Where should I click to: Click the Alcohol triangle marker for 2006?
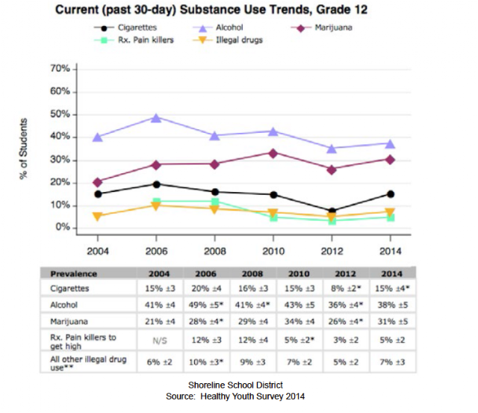pos(156,118)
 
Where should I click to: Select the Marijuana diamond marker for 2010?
pos(273,153)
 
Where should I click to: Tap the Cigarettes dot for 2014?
pos(391,194)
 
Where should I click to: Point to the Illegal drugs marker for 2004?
pos(97,217)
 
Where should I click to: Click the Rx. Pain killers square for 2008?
pos(215,202)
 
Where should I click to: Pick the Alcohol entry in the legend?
pos(218,28)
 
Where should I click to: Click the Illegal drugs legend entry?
pos(228,40)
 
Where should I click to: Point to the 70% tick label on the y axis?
pos(60,69)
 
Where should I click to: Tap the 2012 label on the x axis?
pos(332,251)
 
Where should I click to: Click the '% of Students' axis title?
pos(23,149)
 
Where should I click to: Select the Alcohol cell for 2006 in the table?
pos(206,305)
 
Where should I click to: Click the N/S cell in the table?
pos(160,340)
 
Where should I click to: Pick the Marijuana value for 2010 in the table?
pos(299,321)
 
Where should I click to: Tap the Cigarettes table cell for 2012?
pos(346,288)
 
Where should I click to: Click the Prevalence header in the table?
pos(73,273)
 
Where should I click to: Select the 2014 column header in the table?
pos(392,273)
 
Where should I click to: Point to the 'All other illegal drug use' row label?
pos(88,363)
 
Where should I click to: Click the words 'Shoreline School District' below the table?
pos(235,385)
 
